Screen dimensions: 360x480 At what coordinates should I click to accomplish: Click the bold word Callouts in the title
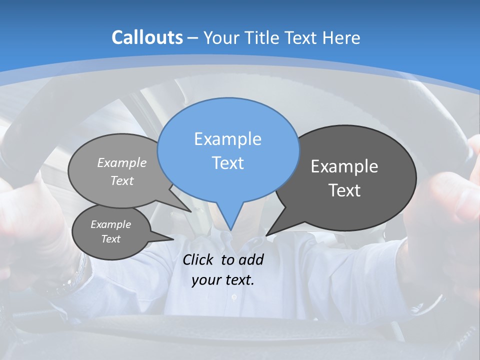[147, 37]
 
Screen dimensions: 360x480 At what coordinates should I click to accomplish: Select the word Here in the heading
[341, 37]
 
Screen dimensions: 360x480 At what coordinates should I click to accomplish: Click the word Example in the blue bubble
[227, 139]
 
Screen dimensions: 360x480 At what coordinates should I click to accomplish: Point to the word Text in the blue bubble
[227, 163]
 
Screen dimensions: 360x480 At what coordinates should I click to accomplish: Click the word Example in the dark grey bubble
[344, 166]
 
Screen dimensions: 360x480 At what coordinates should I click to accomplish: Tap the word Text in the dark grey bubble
[344, 190]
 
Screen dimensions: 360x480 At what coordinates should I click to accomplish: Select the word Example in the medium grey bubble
[122, 162]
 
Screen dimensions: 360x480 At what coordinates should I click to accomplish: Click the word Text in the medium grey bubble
[122, 181]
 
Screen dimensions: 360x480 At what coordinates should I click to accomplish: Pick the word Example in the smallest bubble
[110, 224]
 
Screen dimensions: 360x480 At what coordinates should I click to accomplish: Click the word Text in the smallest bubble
[110, 239]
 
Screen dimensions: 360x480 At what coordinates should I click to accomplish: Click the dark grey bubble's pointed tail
[268, 233]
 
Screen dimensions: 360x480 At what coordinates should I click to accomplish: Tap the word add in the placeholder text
[251, 259]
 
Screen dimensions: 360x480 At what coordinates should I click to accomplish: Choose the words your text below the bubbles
[223, 280]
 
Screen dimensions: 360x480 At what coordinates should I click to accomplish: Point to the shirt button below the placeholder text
[233, 297]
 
